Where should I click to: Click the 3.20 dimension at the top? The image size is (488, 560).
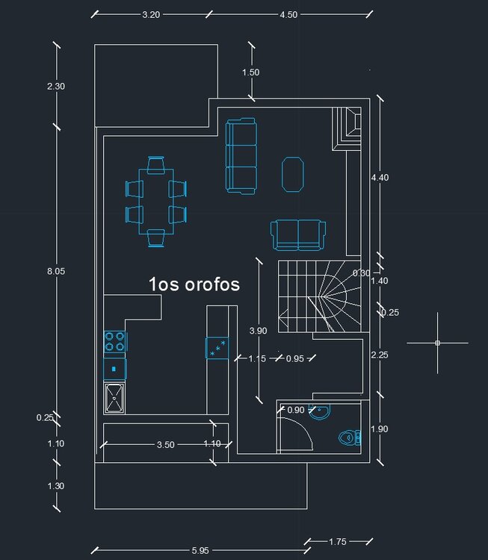coord(151,15)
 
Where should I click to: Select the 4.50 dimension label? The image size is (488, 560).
coord(288,15)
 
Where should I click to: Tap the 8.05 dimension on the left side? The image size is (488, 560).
coord(56,272)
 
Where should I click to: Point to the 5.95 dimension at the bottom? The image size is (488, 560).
coord(200,550)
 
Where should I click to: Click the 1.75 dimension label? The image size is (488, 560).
coord(338,542)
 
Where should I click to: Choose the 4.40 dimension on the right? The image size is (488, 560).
coord(380,178)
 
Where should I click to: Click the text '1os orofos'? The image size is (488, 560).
coord(194,284)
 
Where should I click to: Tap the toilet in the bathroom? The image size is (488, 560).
coord(350,438)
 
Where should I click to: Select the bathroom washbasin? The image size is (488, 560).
coord(319,412)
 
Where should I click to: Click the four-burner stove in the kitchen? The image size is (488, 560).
coord(115,342)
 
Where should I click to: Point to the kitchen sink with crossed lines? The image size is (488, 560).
coord(114,398)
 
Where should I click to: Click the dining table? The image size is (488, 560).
coord(156,202)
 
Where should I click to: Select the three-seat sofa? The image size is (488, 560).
coord(241,156)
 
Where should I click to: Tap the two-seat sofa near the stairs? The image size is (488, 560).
coord(298,235)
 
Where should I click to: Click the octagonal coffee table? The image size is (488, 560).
coord(293,175)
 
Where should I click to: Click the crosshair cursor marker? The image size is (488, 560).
coord(438,343)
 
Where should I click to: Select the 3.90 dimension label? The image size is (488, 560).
coord(258,331)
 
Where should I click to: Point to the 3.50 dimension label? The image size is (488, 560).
coord(165,445)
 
